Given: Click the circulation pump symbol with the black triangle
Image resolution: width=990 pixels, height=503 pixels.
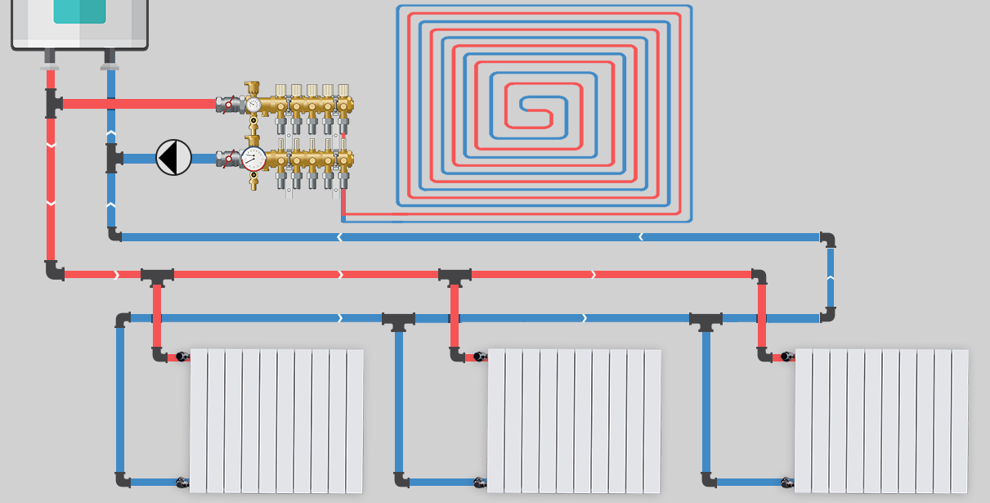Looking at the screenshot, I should [x=173, y=157].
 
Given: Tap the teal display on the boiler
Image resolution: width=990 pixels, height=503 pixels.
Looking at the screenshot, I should [x=79, y=11].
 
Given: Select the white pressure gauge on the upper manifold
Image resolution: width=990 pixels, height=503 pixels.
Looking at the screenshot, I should [x=253, y=105].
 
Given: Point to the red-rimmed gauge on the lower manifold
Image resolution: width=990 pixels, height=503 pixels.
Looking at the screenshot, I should [x=253, y=159].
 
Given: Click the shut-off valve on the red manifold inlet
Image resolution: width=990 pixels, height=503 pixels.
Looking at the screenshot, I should [x=227, y=105].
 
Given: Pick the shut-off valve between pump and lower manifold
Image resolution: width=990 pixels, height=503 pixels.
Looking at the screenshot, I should [x=227, y=158].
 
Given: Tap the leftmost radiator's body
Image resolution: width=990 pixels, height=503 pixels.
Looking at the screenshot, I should [x=276, y=421].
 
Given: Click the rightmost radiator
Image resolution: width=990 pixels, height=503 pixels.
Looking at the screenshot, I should [x=881, y=421].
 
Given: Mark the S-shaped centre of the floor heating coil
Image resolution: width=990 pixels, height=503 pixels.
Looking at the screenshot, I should [x=535, y=106].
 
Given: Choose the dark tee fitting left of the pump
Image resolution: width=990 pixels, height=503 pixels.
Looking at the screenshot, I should [x=112, y=158].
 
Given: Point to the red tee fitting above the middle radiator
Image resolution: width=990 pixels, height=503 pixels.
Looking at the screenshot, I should [x=455, y=276].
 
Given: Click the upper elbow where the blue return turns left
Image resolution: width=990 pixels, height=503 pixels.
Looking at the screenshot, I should [x=828, y=239].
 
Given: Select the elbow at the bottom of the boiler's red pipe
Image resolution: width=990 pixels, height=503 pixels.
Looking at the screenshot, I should [x=54, y=271].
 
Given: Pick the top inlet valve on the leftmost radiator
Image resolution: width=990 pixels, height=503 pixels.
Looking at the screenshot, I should [x=177, y=357].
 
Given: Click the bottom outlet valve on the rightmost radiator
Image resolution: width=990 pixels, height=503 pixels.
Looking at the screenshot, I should [x=786, y=483].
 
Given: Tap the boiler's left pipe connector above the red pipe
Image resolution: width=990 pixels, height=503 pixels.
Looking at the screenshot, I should [x=51, y=59].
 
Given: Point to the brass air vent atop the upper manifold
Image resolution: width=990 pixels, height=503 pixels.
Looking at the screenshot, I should [x=253, y=88].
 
